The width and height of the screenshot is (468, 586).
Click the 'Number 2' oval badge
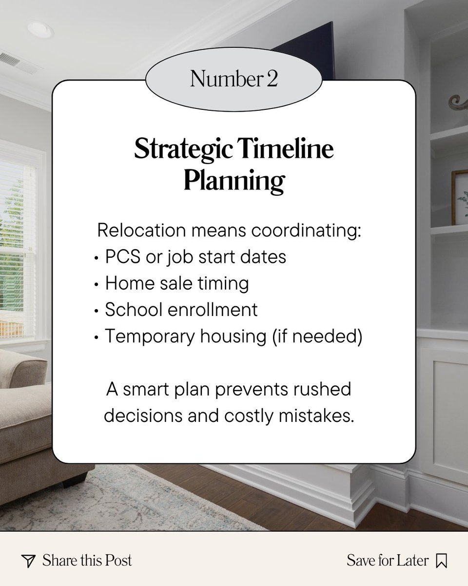[234, 80]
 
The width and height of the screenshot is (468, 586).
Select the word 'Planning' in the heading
[234, 180]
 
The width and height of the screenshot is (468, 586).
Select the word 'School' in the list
[129, 310]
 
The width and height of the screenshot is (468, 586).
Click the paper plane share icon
[29, 561]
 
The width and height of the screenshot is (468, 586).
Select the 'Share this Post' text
[87, 560]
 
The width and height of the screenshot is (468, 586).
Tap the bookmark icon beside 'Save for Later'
[441, 561]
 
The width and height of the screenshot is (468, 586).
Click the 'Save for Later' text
[387, 560]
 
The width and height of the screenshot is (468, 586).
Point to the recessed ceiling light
[40, 29]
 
